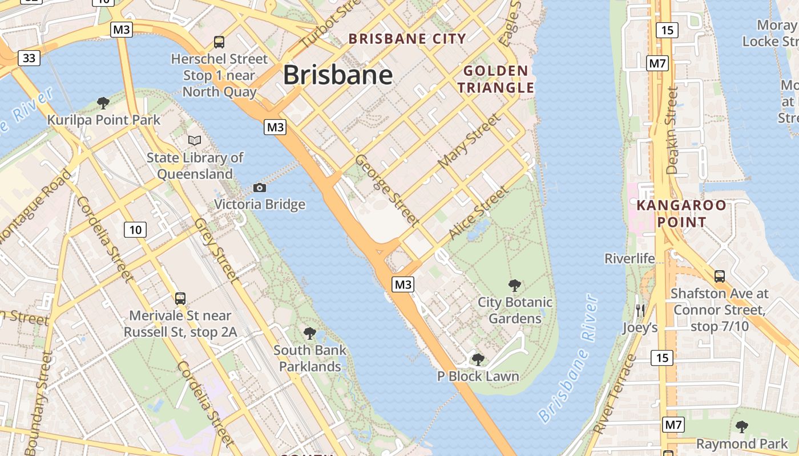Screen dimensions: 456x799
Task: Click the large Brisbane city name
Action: click(338, 75)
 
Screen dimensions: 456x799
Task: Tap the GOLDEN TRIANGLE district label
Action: click(495, 79)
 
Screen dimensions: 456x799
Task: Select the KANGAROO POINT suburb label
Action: click(681, 214)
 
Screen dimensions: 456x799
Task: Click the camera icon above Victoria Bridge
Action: click(260, 188)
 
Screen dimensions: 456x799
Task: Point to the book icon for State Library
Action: click(195, 140)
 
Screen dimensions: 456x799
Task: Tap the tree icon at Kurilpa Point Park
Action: click(103, 103)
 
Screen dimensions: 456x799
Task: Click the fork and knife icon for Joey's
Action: click(640, 311)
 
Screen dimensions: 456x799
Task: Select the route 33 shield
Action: click(29, 58)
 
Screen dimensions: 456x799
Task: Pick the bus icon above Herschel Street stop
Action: click(219, 42)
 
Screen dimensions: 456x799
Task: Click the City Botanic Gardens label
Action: click(515, 310)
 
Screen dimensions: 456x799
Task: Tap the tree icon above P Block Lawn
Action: click(478, 359)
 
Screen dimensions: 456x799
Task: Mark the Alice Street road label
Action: click(478, 213)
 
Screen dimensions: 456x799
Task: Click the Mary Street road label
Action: click(469, 141)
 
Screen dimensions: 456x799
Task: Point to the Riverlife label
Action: click(629, 259)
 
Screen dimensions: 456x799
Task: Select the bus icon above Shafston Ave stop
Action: click(720, 276)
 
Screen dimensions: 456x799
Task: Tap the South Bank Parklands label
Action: click(310, 358)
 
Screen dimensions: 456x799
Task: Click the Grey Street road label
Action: click(215, 250)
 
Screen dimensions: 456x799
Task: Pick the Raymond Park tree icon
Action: click(742, 426)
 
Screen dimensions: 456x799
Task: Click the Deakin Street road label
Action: click(673, 131)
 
